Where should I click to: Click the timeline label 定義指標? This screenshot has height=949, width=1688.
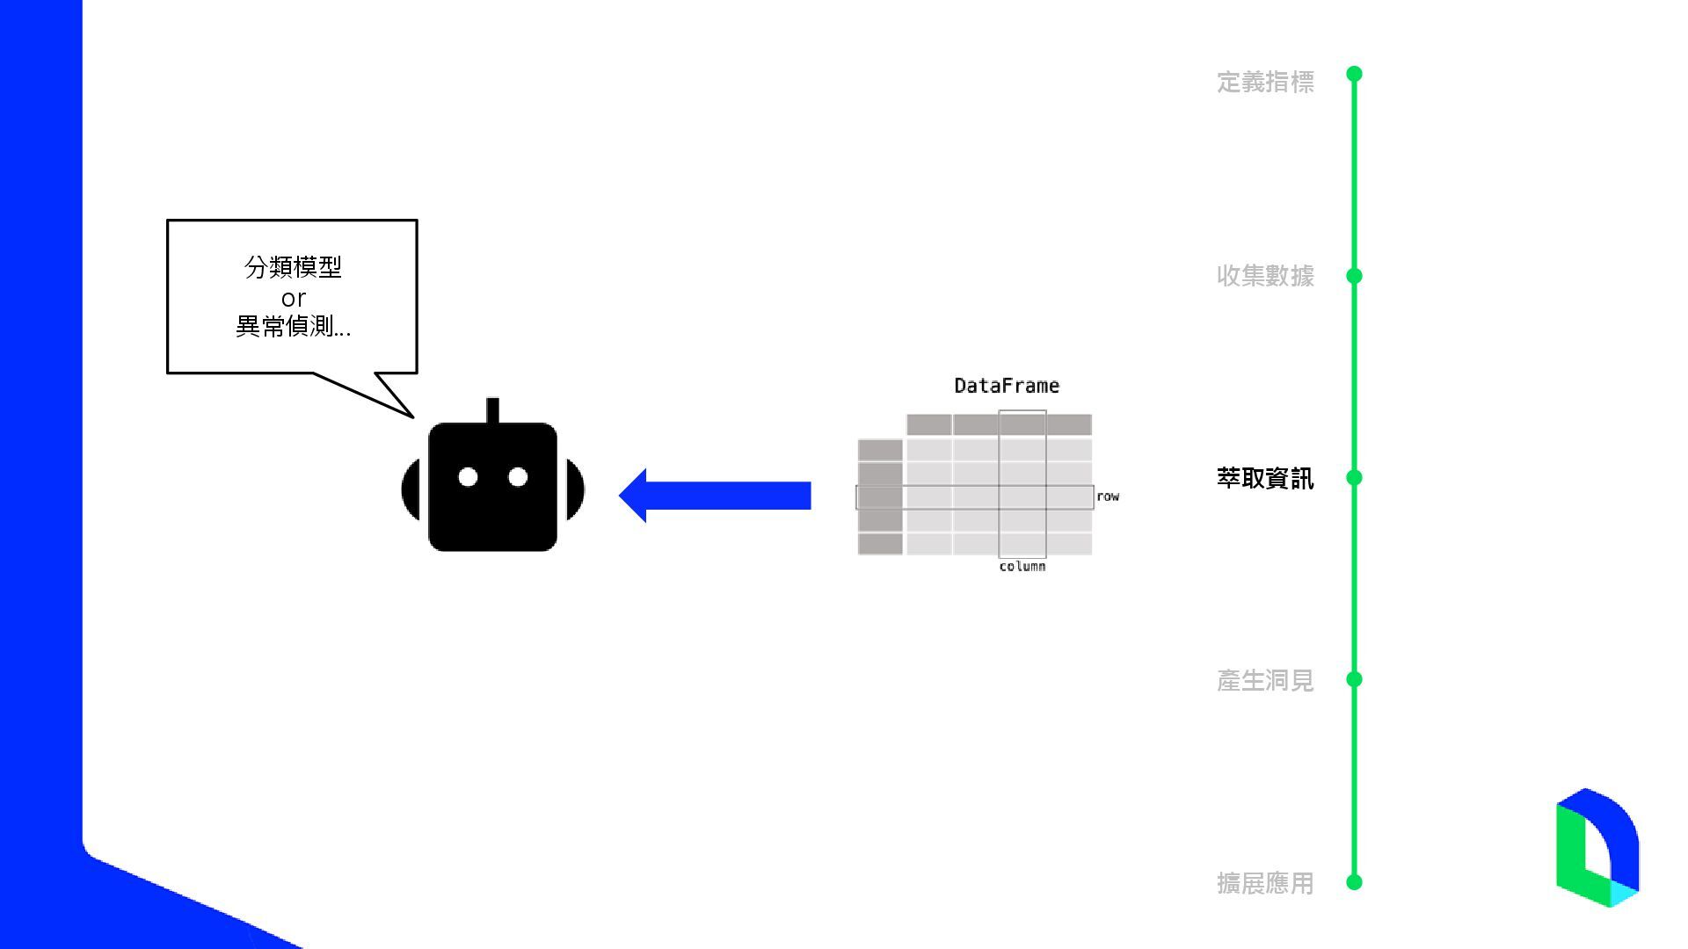pos(1265,82)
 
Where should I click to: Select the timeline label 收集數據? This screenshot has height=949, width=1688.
pos(1265,276)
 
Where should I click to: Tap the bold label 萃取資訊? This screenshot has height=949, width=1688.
pos(1265,478)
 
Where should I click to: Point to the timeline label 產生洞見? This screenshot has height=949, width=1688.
pos(1265,680)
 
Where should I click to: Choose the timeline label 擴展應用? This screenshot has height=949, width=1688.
pos(1265,883)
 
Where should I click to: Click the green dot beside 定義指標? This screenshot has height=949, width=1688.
pos(1354,74)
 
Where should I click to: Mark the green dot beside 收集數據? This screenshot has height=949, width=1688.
pos(1354,276)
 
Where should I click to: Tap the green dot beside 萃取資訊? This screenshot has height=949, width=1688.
pos(1354,478)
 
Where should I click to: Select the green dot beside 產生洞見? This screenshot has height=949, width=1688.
pos(1354,679)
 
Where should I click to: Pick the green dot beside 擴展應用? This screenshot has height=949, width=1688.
pos(1354,881)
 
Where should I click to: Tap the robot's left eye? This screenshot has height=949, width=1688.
pos(468,477)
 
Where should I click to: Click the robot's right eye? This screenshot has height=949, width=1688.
pos(518,477)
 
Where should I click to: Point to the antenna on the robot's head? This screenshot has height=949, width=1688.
pos(492,410)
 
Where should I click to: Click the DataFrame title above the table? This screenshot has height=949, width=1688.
pos(1007,386)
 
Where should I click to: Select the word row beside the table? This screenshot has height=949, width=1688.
pos(1108,496)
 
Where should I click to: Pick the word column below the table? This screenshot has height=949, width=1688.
pos(1022,567)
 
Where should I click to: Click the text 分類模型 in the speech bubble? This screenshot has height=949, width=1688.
pos(293,267)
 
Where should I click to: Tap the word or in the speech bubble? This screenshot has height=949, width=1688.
pos(293,299)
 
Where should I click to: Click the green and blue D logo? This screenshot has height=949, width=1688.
pos(1597,848)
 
